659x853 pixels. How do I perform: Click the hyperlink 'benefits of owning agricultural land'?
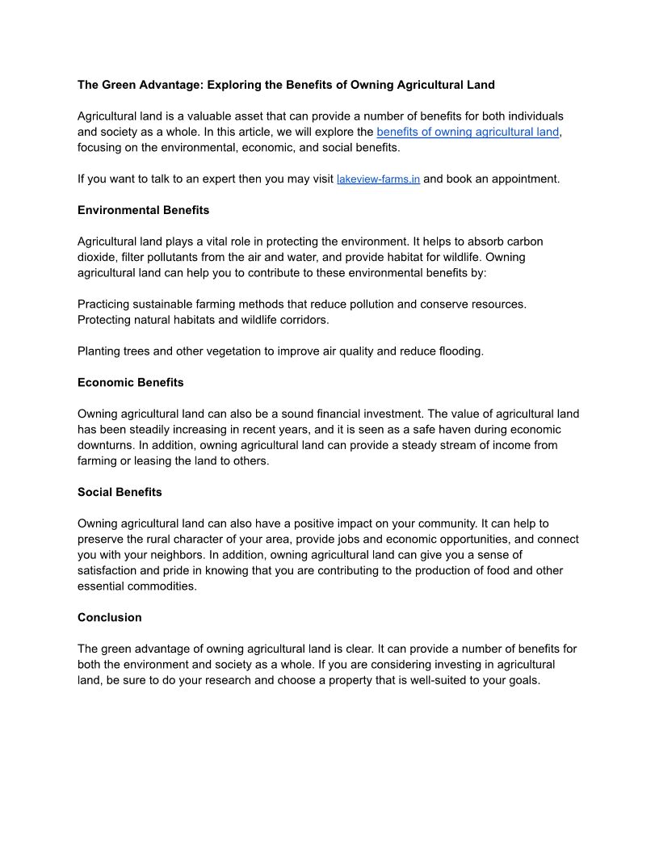[x=468, y=132]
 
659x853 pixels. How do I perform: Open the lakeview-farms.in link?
[x=378, y=179]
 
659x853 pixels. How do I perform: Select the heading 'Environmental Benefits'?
[x=143, y=210]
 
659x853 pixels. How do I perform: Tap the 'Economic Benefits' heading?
[x=130, y=382]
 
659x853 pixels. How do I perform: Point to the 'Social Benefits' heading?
[x=120, y=492]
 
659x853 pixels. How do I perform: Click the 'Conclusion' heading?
[x=109, y=617]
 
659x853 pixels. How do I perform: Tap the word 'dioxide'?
[x=98, y=257]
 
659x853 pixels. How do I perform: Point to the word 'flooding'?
[x=460, y=351]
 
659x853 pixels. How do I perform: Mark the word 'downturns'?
[x=106, y=445]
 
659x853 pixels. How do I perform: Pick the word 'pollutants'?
[x=170, y=257]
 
